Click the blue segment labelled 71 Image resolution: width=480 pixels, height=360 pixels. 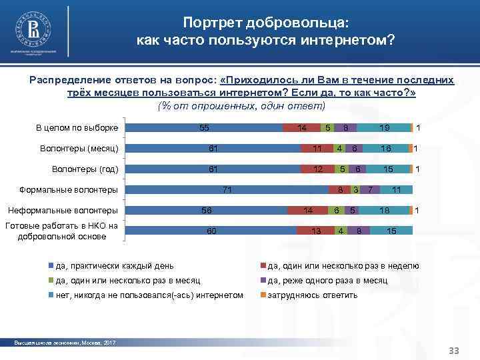[x=227, y=190]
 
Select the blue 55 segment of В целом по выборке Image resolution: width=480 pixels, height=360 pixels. [x=204, y=127]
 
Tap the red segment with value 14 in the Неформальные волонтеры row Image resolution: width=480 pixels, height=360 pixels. [x=307, y=211]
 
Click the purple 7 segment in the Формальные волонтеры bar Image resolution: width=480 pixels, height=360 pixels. [x=370, y=190]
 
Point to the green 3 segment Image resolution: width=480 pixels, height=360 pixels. [x=356, y=190]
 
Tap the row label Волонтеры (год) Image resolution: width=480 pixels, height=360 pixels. [x=85, y=169]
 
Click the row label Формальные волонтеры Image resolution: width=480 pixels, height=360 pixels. [x=69, y=190]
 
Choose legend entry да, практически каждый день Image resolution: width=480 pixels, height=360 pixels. [x=113, y=265]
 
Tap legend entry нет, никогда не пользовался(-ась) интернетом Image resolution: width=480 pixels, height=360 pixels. [x=148, y=295]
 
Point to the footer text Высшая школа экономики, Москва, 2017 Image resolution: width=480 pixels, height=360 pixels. [x=65, y=343]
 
